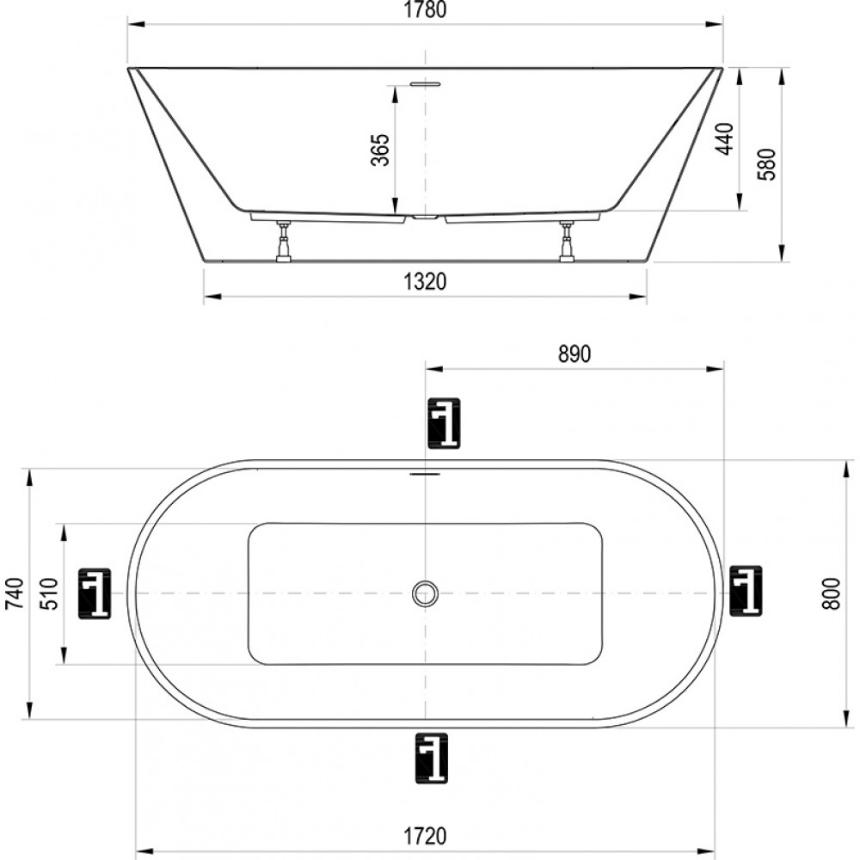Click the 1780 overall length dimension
(426, 9)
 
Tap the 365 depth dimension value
(380, 149)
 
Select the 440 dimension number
(725, 138)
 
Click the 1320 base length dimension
(426, 281)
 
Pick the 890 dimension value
(574, 354)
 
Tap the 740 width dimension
(15, 593)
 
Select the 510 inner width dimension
(49, 593)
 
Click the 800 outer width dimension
(832, 593)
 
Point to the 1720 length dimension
(426, 836)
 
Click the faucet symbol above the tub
(444, 423)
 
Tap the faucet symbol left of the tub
(95, 594)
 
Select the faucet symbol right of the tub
(746, 590)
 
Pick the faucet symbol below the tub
(431, 758)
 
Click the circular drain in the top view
(425, 593)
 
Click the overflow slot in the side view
(426, 83)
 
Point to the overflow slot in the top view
(426, 473)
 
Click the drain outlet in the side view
(425, 218)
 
